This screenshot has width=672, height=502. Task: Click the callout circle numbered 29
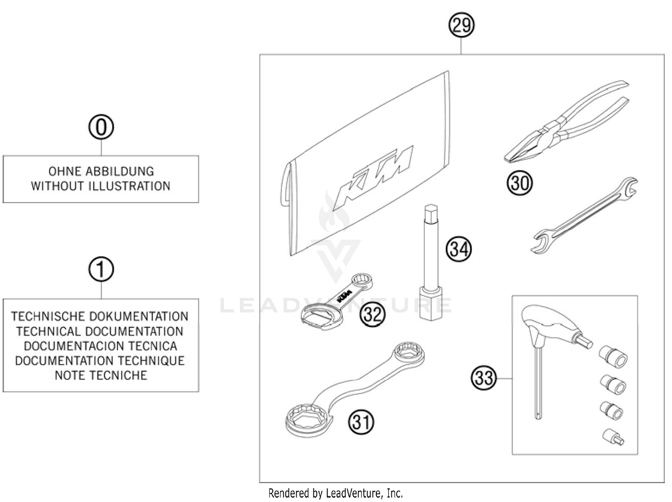coord(461,25)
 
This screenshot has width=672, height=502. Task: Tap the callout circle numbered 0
coord(101,127)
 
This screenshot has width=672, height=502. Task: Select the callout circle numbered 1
coord(101,270)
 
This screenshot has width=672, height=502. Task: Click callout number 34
coord(458,249)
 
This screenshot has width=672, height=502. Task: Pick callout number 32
coord(373,314)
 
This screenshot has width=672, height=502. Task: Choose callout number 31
coord(361,422)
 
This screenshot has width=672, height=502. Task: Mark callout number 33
coord(484,378)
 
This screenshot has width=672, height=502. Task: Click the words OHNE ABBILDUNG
coord(101,171)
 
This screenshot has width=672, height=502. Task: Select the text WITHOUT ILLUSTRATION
coord(101,186)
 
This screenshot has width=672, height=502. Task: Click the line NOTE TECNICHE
coord(101,375)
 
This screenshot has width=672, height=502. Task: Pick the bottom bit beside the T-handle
coord(614,437)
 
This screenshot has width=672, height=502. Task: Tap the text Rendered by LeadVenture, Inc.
coord(336,493)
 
